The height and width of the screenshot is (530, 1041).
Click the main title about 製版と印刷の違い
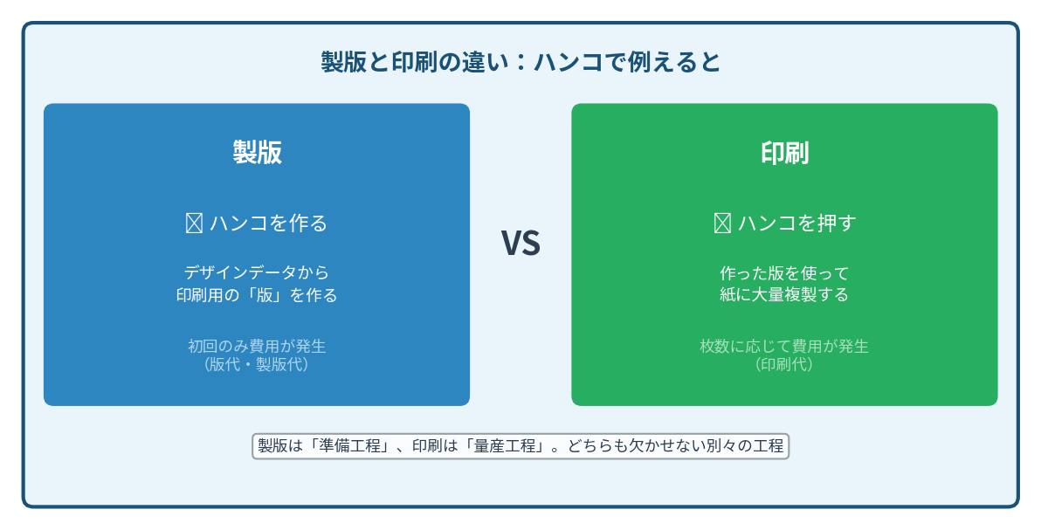pos(520,63)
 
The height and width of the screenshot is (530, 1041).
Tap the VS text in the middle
pos(520,243)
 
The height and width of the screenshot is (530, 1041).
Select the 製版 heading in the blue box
pos(257,152)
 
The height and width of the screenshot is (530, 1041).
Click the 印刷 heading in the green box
pos(785,153)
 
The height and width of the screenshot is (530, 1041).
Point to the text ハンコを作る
pos(269,224)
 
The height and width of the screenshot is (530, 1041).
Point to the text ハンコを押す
pos(796,224)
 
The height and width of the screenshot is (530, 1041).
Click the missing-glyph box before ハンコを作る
pos(194,224)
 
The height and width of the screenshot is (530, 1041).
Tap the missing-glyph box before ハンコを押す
pos(722,224)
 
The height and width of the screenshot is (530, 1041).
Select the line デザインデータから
pos(257,272)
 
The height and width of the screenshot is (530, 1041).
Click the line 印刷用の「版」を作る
pos(257,295)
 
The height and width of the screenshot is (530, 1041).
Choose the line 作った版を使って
pos(785,273)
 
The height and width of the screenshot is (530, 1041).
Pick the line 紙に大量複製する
pos(785,294)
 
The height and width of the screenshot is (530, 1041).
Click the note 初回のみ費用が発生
pos(257,346)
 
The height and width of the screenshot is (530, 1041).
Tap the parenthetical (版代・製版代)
pos(257,365)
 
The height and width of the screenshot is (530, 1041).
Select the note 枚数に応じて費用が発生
pos(785,346)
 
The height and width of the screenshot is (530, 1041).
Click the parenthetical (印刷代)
pos(785,365)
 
